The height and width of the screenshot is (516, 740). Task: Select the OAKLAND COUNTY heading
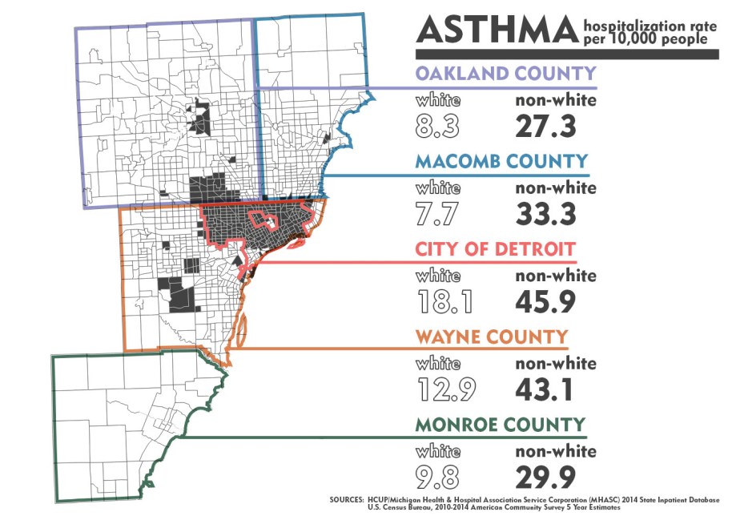[x=505, y=74]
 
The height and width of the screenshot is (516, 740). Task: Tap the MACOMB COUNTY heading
[x=501, y=161]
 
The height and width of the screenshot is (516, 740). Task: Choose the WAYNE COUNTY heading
[x=491, y=336]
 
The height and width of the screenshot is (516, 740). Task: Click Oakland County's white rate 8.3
[x=438, y=126]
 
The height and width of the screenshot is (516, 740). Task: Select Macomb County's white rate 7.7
[x=437, y=213]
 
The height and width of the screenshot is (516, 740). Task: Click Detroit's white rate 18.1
[x=444, y=301]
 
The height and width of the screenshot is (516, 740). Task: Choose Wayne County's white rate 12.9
[x=446, y=389]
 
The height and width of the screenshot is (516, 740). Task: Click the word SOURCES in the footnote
[x=346, y=498]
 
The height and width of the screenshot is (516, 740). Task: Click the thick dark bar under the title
[x=565, y=54]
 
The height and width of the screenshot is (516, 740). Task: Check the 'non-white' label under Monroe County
[x=555, y=451]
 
